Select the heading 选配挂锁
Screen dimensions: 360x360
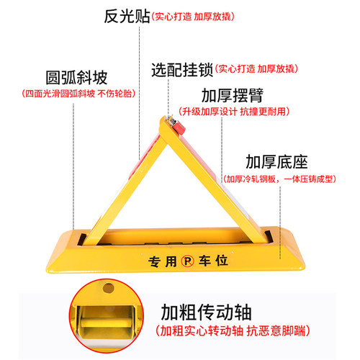coord(181,70)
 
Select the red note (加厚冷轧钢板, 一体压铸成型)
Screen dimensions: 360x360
coord(286,179)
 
